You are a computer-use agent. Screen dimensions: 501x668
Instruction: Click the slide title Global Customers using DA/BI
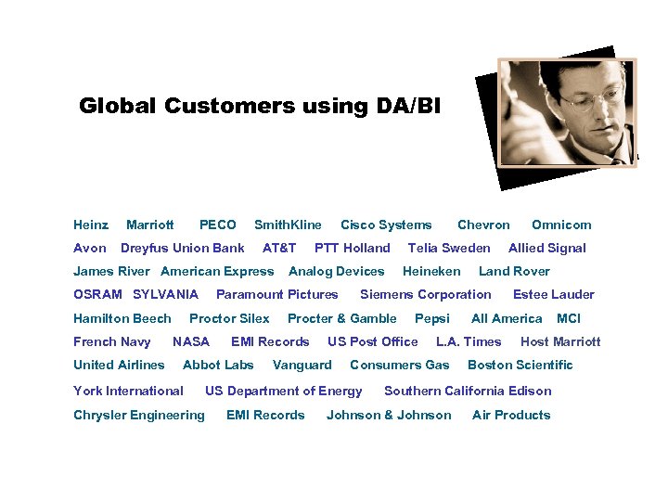[261, 106]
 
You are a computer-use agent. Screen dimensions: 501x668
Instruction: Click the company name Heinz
[91, 225]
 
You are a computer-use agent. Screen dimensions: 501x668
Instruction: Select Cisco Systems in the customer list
[386, 225]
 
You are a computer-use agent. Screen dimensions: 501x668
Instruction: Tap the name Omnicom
[561, 225]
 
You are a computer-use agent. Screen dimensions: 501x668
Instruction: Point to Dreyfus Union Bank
[183, 248]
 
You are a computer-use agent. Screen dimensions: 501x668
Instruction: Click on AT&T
[279, 248]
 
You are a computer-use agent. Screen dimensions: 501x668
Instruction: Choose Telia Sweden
[449, 248]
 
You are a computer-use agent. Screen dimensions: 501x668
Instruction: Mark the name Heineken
[431, 271]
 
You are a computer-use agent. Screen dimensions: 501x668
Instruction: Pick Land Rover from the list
[514, 271]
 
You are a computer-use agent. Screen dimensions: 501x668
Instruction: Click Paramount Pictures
[277, 294]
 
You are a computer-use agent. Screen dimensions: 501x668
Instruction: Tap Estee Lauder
[554, 294]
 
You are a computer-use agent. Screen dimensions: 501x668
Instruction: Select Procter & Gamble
[342, 318]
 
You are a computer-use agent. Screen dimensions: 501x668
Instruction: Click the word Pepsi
[432, 318]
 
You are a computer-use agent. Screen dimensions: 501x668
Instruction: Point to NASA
[191, 341]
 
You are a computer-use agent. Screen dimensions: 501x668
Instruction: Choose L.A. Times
[469, 341]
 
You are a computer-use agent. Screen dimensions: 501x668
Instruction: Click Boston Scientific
[520, 365]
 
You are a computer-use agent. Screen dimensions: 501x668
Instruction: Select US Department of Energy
[284, 391]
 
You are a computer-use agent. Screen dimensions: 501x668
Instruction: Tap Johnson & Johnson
[389, 415]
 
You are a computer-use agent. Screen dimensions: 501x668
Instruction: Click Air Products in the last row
[511, 415]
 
